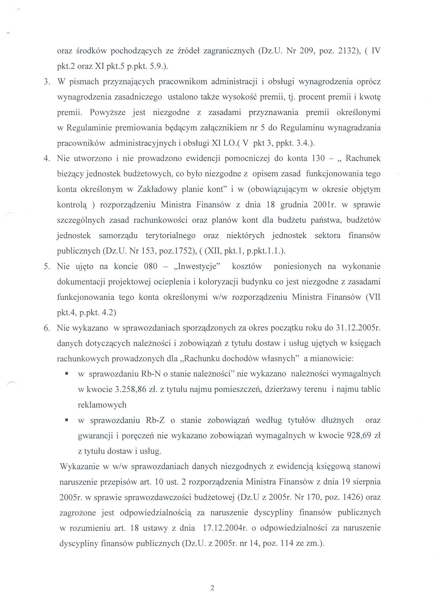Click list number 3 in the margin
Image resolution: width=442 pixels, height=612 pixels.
[x=47, y=82]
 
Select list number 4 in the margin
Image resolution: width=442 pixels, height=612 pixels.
[x=47, y=158]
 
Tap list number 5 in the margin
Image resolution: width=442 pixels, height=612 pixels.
[x=47, y=267]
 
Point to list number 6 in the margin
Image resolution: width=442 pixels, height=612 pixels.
[x=47, y=328]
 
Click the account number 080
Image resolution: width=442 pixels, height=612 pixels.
[x=151, y=267]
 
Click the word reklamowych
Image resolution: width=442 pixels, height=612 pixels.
[x=102, y=405]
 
